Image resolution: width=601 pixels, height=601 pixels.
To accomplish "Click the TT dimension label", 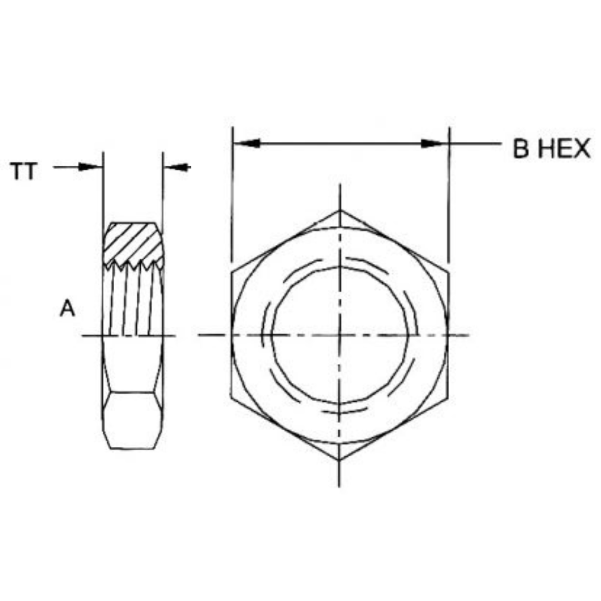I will [24, 172].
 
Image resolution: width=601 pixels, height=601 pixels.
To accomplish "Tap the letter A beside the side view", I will [67, 308].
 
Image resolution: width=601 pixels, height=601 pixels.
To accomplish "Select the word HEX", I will [562, 149].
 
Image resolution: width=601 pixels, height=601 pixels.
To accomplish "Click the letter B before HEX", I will [521, 149].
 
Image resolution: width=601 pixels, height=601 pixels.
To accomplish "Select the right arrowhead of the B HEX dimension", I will [434, 144].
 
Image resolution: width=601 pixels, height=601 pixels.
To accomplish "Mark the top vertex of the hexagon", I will [339, 210].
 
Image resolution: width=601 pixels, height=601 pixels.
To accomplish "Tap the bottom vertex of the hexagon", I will [339, 460].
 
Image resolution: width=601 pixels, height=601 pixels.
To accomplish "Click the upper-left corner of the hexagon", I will [231, 273].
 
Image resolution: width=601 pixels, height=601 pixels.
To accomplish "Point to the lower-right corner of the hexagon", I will [447, 398].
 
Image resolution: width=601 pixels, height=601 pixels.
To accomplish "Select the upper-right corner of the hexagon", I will [447, 273].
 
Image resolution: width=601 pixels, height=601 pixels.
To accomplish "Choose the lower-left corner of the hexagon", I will [231, 398].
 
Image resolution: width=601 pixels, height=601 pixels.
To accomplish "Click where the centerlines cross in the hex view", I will [339, 335].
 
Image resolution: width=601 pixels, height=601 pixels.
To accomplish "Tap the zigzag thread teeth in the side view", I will [134, 263].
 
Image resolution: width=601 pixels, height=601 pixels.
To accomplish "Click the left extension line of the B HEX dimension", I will [232, 195].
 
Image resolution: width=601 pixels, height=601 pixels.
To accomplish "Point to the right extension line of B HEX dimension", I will [449, 195].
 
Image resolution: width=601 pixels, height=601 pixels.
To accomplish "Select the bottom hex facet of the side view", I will [132, 420].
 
